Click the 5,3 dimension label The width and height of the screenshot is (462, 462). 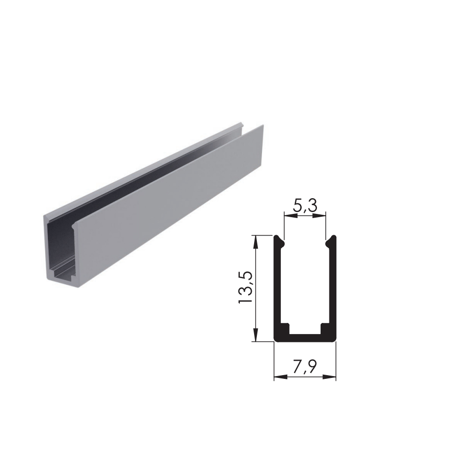305,206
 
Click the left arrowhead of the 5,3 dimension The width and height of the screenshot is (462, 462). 291,216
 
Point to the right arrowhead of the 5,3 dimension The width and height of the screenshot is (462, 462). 319,216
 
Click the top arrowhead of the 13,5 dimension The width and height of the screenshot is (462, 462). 255,242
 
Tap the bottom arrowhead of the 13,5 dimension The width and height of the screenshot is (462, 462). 255,334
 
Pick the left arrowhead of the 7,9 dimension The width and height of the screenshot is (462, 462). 281,377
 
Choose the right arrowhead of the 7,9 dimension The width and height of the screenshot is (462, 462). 329,377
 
